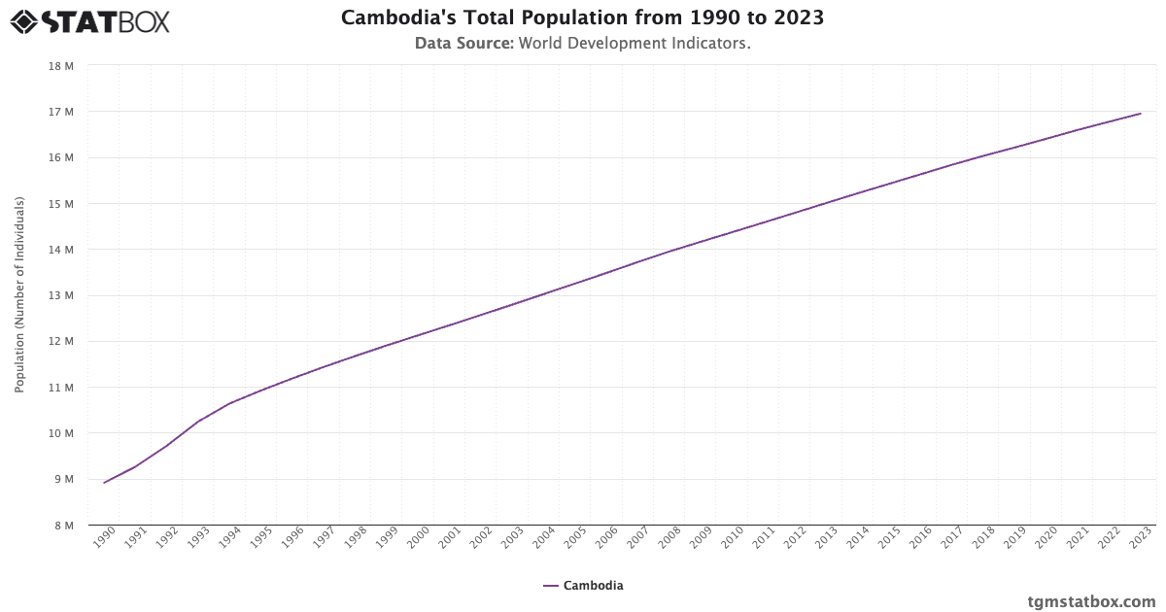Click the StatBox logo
click(89, 20)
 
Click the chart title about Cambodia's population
click(583, 18)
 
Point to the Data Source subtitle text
click(583, 44)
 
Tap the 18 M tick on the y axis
click(60, 66)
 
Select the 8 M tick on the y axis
click(60, 526)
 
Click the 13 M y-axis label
click(60, 295)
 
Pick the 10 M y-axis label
click(60, 433)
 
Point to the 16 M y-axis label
click(60, 157)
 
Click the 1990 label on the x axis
click(105, 538)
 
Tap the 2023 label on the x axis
click(1141, 538)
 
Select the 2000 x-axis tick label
click(419, 538)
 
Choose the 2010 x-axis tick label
click(733, 538)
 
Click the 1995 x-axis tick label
click(261, 538)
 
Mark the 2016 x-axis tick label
click(921, 538)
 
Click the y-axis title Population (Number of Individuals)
click(19, 295)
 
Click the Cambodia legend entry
click(583, 586)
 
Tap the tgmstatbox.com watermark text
click(1091, 601)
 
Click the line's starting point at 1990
click(104, 483)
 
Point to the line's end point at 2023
click(1141, 114)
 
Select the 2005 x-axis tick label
click(575, 538)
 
